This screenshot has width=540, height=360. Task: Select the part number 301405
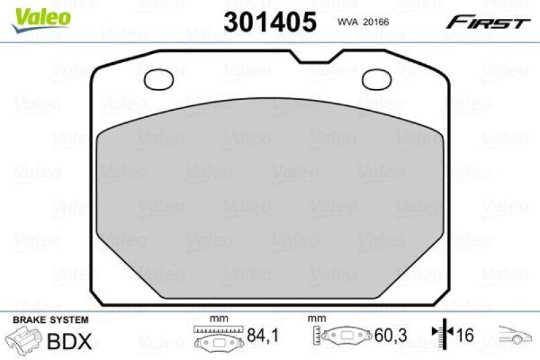click(x=269, y=22)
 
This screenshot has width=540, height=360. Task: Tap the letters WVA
click(x=347, y=22)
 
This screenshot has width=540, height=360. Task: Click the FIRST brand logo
click(x=487, y=22)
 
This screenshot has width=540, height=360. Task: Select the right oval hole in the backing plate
click(x=377, y=80)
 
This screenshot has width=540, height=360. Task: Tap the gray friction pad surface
click(x=270, y=203)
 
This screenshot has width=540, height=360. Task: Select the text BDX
click(x=69, y=342)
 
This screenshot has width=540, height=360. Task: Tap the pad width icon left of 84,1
click(x=217, y=336)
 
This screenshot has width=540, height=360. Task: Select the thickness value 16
click(x=465, y=334)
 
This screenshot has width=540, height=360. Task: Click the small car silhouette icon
click(x=516, y=334)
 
